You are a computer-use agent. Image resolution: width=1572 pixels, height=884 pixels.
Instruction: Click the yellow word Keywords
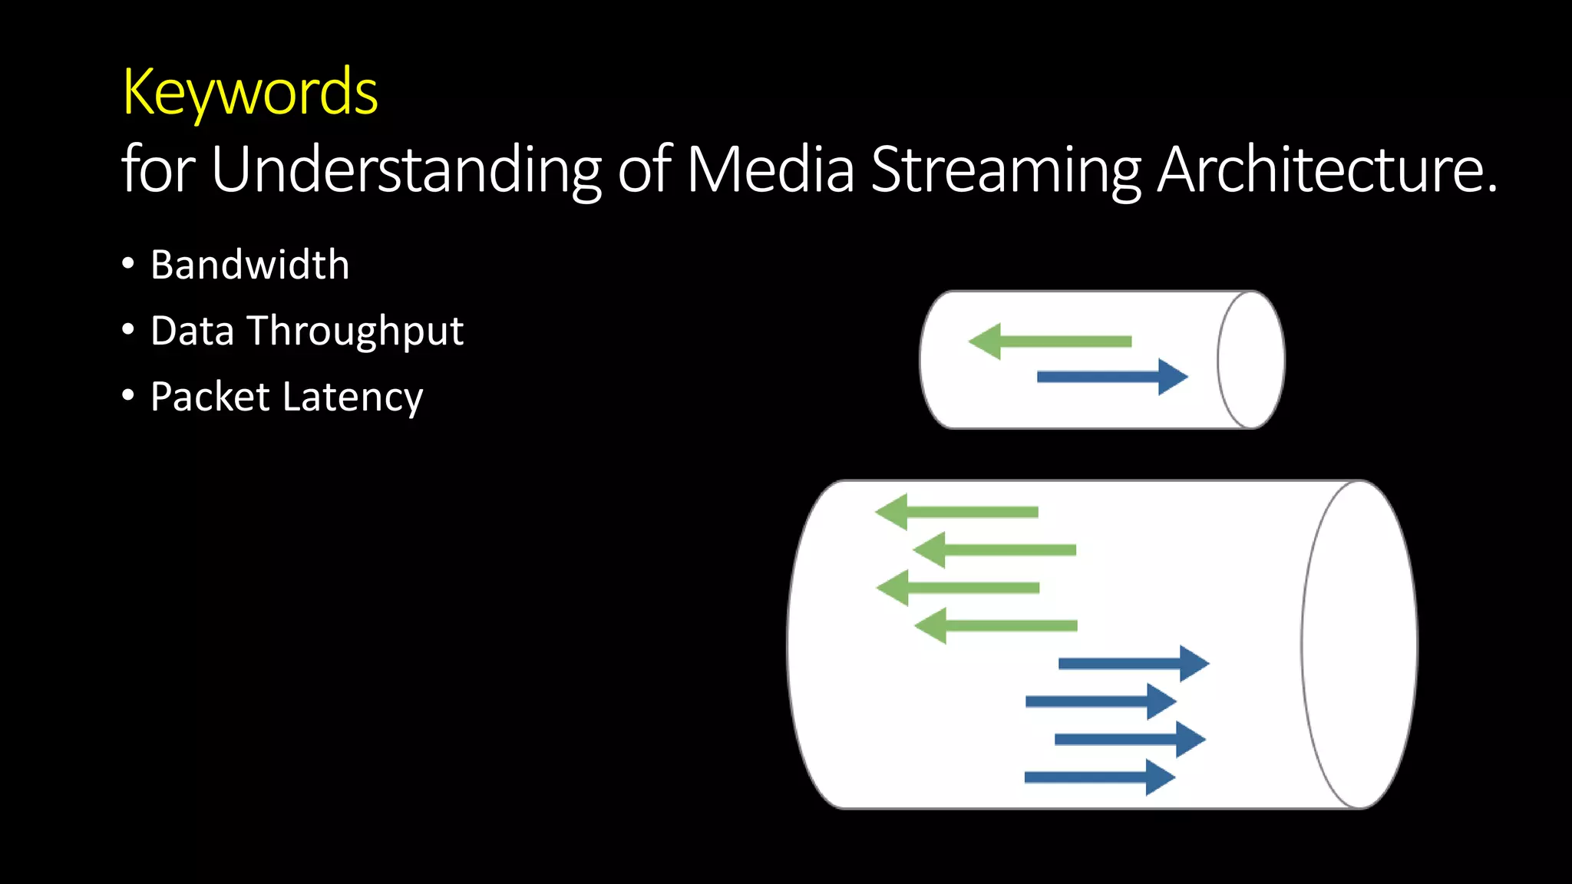tap(250, 92)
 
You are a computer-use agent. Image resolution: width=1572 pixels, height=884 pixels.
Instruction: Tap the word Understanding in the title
tap(405, 170)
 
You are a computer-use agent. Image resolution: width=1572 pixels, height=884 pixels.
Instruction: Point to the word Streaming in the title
tap(1006, 170)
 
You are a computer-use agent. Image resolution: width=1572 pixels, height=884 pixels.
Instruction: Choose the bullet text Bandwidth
tap(250, 265)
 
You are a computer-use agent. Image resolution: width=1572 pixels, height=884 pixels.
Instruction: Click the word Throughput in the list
tap(355, 331)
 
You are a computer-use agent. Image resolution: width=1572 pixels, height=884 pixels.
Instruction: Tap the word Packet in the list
tap(210, 397)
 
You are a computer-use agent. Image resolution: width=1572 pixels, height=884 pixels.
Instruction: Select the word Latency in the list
tap(352, 397)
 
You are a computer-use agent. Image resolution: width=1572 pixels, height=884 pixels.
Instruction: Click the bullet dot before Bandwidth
tap(128, 264)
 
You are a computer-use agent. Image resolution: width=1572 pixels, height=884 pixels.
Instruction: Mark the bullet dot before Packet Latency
tap(128, 396)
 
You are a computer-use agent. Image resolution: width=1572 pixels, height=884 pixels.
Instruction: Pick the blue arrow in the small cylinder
tap(1112, 377)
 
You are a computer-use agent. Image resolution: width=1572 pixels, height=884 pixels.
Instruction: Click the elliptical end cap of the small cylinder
tap(1251, 360)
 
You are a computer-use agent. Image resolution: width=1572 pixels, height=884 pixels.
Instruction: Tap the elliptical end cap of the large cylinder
tap(1359, 645)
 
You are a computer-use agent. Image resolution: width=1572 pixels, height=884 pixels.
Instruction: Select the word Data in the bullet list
tap(192, 331)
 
